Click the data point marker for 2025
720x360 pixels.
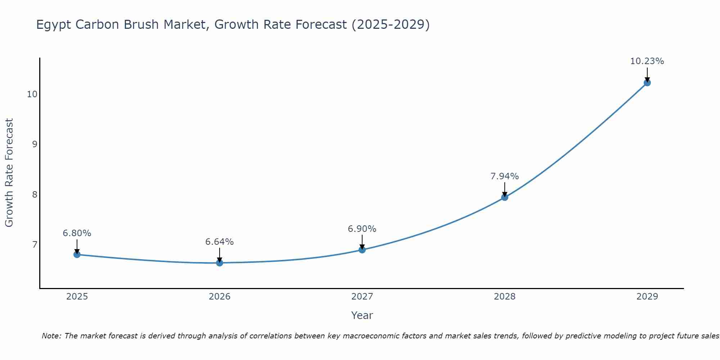tap(77, 255)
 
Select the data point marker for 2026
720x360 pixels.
tap(220, 263)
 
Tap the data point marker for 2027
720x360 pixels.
tap(362, 250)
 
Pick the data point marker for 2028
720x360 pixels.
tap(505, 197)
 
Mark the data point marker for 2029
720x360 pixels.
tap(647, 83)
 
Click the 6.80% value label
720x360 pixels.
tap(77, 233)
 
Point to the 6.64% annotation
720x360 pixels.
tap(220, 242)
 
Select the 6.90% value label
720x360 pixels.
tap(362, 229)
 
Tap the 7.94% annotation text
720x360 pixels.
tap(505, 176)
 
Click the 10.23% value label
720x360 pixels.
tap(647, 61)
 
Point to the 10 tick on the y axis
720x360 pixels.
tap(32, 94)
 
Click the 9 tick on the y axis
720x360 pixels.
tap(35, 144)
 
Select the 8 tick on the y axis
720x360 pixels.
tap(35, 195)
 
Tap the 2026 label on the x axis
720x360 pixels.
tap(220, 297)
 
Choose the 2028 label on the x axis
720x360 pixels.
tap(505, 297)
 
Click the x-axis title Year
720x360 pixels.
tap(362, 315)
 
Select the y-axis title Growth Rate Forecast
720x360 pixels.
tap(9, 173)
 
